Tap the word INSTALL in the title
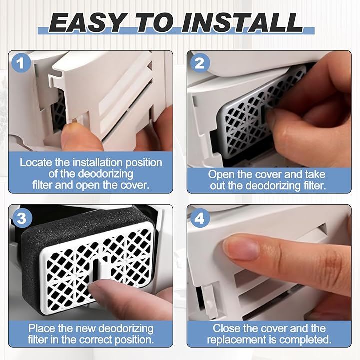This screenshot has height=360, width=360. pyautogui.click(x=242, y=22)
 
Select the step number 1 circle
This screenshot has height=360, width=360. pyautogui.click(x=21, y=63)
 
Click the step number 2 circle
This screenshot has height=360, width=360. pyautogui.click(x=199, y=63)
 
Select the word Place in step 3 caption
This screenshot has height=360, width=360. pyautogui.click(x=41, y=328)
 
